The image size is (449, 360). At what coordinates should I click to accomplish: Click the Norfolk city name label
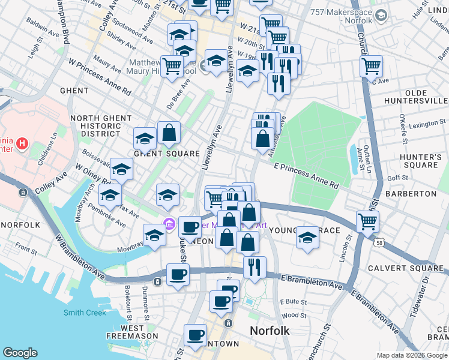[x=270, y=331]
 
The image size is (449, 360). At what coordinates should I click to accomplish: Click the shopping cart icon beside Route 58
[x=367, y=221]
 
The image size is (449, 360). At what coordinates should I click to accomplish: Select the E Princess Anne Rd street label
[x=306, y=175]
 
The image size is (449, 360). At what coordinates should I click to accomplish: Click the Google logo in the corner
[x=20, y=353]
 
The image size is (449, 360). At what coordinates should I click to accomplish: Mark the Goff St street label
[x=398, y=178]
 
